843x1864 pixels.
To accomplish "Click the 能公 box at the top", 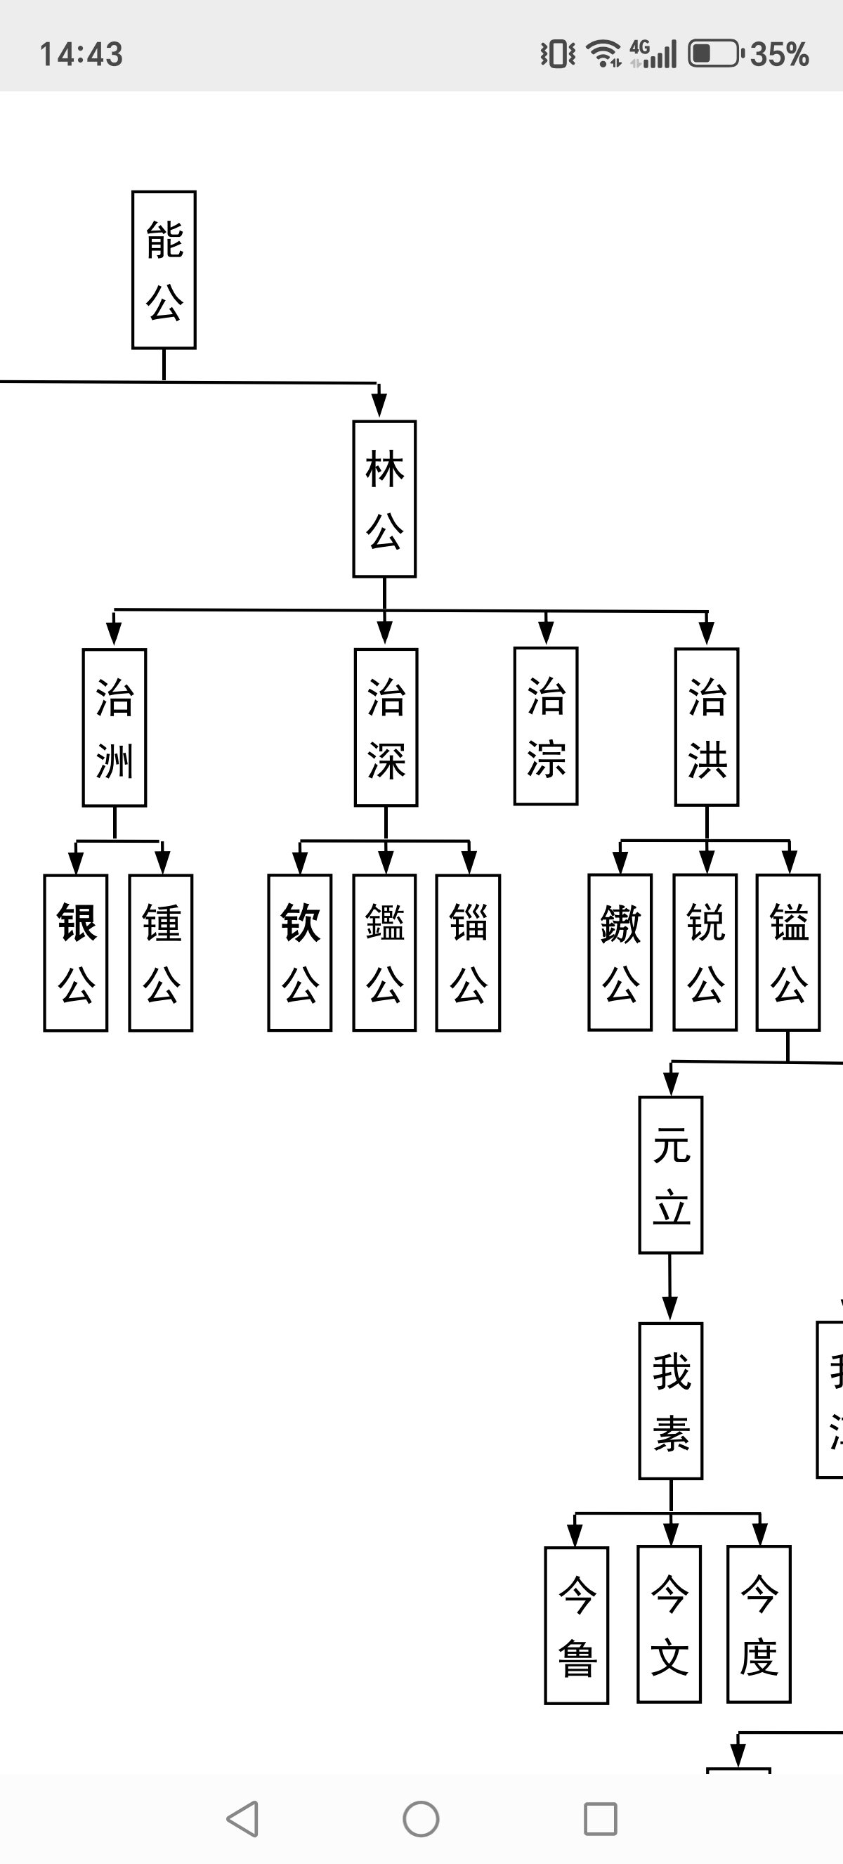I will tap(164, 270).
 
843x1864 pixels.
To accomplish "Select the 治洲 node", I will tap(115, 727).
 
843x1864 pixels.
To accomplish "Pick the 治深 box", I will tap(386, 727).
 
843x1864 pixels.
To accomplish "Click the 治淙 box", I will tap(546, 727).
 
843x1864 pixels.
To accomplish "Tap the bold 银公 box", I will tap(76, 953).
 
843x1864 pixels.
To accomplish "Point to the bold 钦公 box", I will tap(300, 953).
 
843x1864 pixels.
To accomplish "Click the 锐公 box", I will tap(705, 952).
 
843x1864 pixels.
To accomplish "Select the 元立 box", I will tap(671, 1175).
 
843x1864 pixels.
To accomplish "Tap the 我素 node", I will tap(671, 1401).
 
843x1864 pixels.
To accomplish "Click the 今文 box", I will tap(669, 1624).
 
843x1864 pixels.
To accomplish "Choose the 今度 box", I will tap(759, 1624).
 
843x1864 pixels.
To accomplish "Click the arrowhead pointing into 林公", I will tap(379, 404).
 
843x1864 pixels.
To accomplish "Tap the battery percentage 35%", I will tap(779, 54).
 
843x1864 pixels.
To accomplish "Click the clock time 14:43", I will tap(81, 54).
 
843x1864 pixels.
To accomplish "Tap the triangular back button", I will tap(243, 1818).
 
